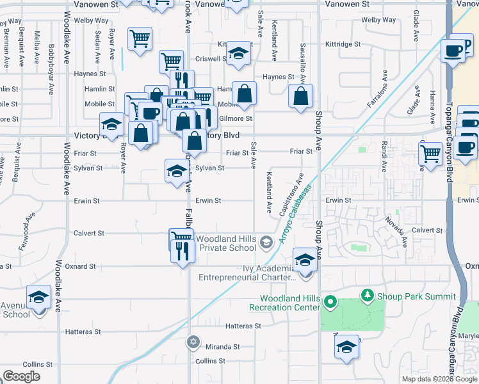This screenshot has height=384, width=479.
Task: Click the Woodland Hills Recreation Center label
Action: pos(289,303)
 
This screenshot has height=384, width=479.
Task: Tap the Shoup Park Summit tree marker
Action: pos(367,296)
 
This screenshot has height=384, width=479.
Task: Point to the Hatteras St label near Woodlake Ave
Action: pos(83,332)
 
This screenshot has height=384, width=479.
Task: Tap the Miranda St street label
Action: pos(222,346)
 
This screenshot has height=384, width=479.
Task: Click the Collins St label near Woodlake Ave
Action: pos(31,364)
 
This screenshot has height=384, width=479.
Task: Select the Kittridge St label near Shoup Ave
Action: pos(343,45)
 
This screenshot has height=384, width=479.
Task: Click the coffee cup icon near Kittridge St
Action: pos(453,50)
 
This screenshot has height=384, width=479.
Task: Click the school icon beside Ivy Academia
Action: pos(305,259)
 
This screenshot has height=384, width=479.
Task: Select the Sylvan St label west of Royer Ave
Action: pos(86,168)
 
